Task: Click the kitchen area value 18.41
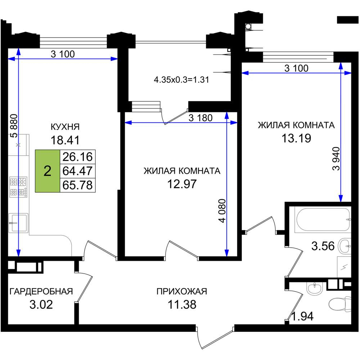coord(65,140)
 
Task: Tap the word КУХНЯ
coord(65,127)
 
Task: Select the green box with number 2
coord(47,171)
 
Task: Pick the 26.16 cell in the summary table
coord(78,157)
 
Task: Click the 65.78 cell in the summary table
coord(78,185)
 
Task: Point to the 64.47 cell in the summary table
coord(78,171)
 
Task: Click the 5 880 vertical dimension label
coord(14,126)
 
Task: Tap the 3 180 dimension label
coord(201,118)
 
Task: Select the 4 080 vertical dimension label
coord(222,211)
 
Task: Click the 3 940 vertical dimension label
coord(336,158)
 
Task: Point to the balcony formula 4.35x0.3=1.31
coord(181,80)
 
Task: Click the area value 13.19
coord(296,138)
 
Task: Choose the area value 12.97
coord(182,184)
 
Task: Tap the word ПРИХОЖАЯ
coord(182,291)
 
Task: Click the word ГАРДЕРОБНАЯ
coord(41,291)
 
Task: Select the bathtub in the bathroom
coord(323,220)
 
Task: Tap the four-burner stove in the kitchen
coord(18,187)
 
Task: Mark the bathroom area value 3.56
coord(323,246)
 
